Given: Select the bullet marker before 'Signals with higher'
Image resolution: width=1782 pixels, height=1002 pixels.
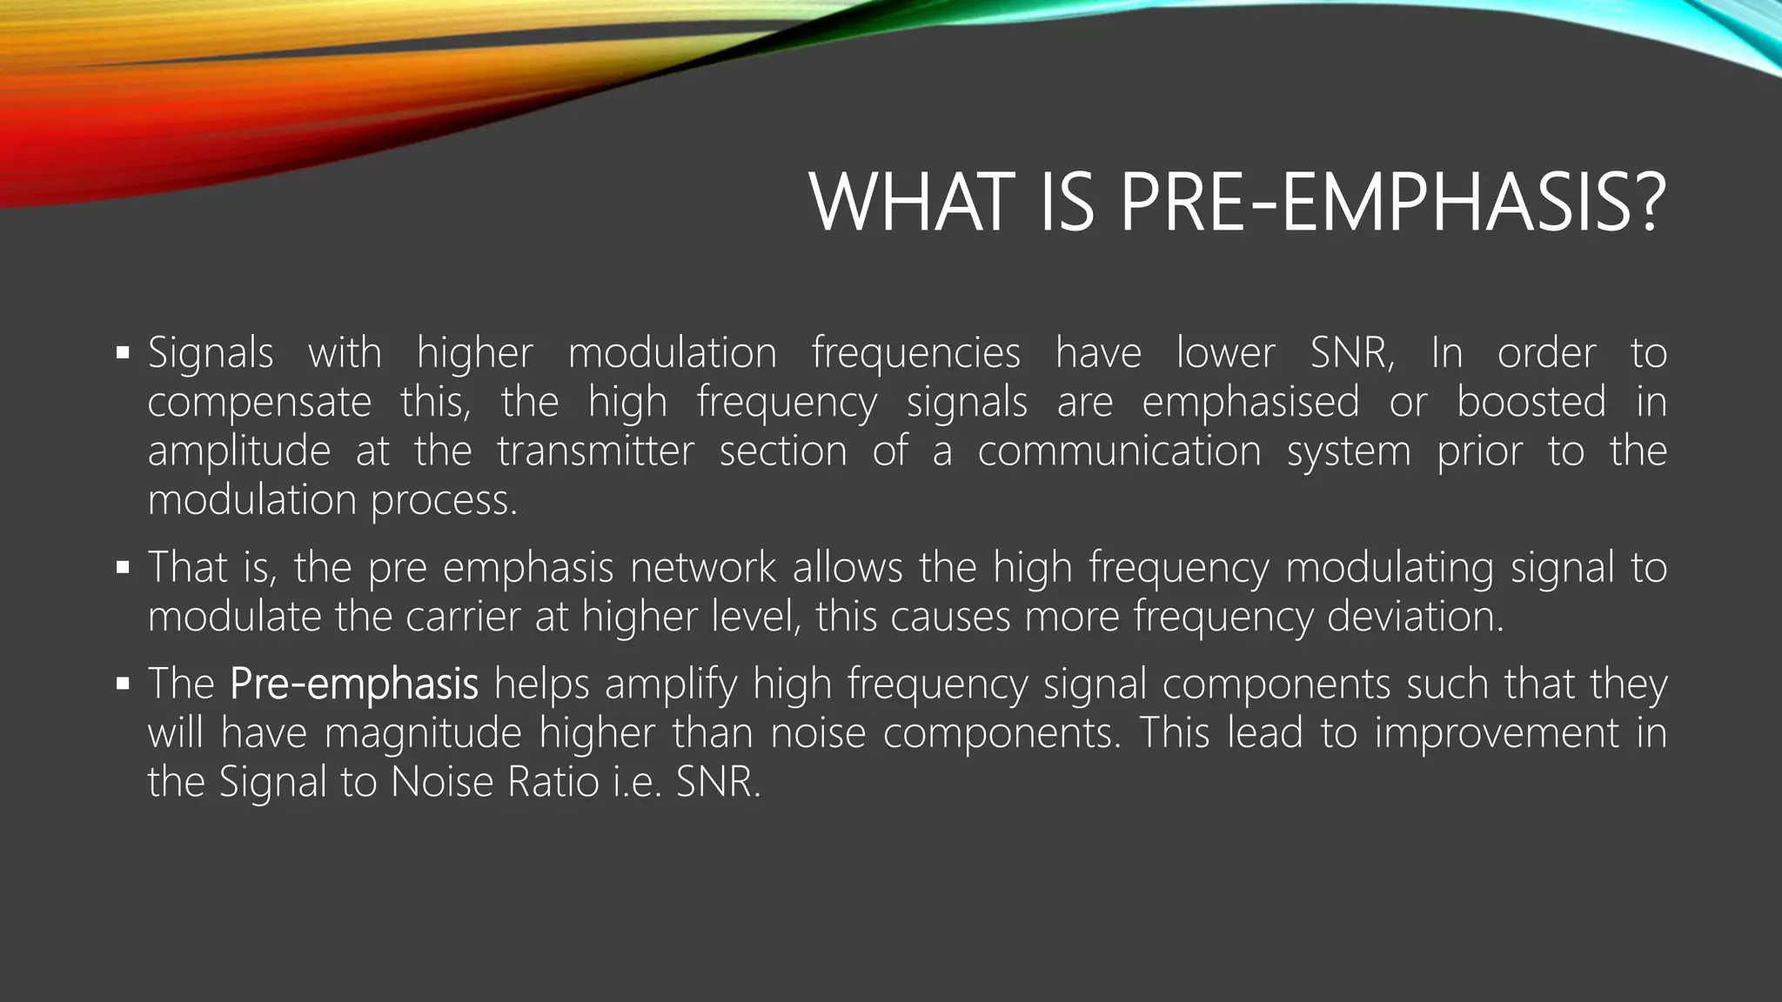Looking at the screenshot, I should tap(123, 354).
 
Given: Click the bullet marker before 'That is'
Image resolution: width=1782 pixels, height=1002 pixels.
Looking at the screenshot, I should tap(123, 568).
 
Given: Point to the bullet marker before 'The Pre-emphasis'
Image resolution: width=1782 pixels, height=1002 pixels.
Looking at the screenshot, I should tap(123, 685).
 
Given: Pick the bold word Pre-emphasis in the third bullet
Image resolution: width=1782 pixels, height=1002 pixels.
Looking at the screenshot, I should tap(353, 684).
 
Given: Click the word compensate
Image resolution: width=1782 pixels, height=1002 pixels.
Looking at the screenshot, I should tap(259, 403).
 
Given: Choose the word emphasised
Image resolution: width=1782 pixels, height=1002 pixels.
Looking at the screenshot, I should tap(1250, 403).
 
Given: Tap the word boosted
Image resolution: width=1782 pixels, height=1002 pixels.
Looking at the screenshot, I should tap(1531, 403).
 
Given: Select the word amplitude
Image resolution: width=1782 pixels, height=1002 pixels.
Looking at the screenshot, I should tap(238, 451).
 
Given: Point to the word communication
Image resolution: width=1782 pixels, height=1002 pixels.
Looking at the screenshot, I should tap(1119, 451).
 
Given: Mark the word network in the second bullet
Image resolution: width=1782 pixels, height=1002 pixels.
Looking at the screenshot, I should tap(702, 568).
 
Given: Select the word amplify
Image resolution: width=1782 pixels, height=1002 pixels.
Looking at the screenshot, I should tap(671, 685).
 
